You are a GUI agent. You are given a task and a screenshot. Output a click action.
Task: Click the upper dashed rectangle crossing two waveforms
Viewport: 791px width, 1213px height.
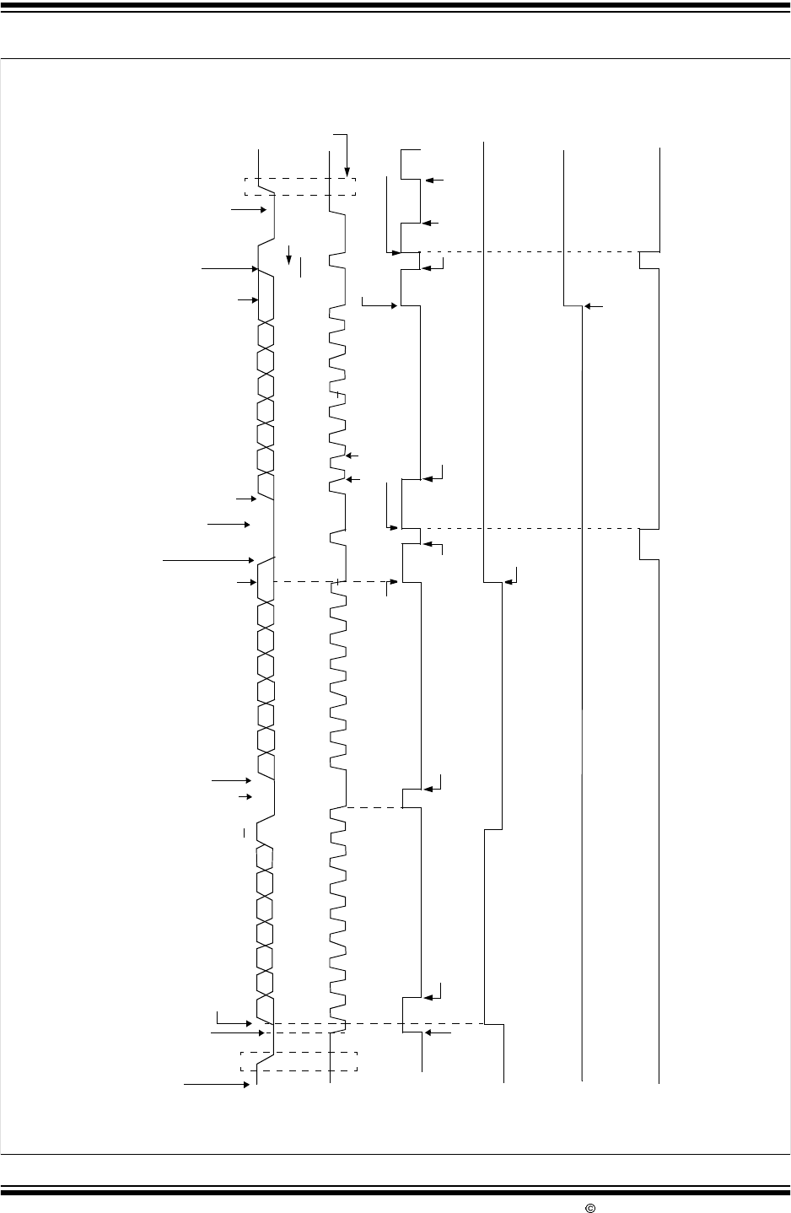[300, 186]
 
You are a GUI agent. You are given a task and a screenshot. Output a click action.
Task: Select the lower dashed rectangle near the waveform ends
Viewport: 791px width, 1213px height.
[299, 1061]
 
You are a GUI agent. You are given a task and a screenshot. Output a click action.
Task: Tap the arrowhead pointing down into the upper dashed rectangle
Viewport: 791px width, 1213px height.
[347, 171]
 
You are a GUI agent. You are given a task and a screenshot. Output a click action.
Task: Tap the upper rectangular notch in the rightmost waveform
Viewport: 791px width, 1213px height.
[648, 260]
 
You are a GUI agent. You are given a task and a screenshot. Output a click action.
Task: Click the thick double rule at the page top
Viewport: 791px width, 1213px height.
[395, 8]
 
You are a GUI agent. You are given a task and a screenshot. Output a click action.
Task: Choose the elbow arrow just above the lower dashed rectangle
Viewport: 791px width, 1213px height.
[233, 1018]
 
